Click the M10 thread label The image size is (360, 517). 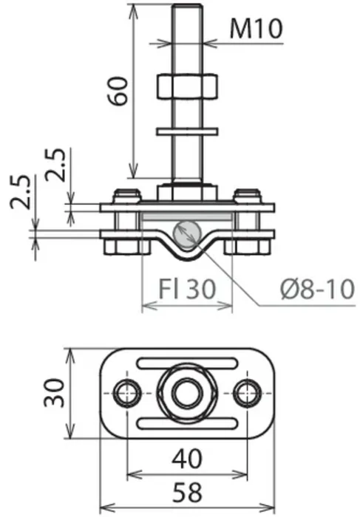pos(256,28)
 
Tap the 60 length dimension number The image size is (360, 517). pos(118,91)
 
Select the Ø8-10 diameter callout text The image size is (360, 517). pos(318,290)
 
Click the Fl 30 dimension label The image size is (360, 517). pos(187,289)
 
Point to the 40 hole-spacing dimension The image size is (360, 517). pos(187,459)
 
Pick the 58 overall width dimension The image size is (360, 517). pos(187,492)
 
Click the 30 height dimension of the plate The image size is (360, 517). pos(55,393)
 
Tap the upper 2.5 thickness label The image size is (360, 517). pos(55,165)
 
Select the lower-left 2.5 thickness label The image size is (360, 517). pos(21,192)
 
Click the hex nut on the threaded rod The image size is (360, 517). pos(187,86)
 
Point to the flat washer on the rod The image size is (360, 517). pos(187,132)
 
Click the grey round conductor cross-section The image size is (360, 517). pos(187,234)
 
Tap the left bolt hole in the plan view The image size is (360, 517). pos(127,394)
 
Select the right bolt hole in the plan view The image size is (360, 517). pos(247,394)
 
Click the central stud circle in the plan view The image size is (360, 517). pos(187,394)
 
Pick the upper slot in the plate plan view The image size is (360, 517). pos(187,363)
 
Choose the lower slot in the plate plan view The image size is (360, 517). pos(187,423)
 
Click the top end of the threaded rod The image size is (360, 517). pos(187,5)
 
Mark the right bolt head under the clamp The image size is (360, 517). pos(247,247)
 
